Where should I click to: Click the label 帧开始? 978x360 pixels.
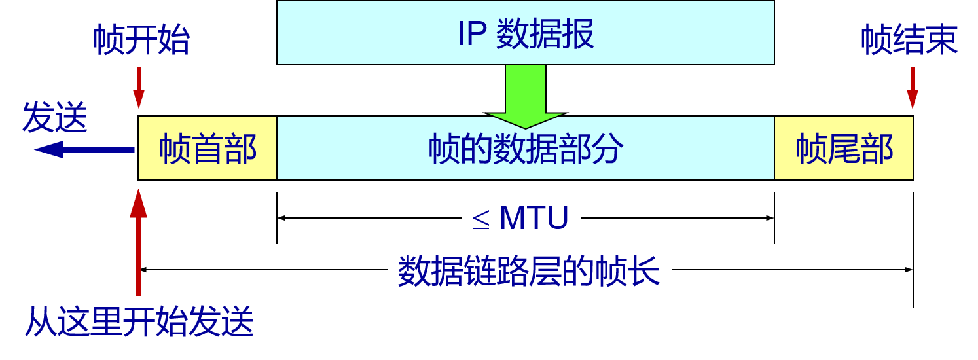pos(141,40)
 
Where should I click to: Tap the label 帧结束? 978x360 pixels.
pos(909,40)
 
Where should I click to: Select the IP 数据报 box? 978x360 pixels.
pos(525,33)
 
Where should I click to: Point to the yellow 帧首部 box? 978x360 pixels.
pos(208,149)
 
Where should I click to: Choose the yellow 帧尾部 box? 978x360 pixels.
pos(844,149)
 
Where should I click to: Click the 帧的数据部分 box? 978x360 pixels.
pos(526,149)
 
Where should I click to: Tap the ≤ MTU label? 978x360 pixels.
pos(521,217)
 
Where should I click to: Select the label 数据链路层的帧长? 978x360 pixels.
pos(530,271)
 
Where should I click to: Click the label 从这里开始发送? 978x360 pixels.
pos(139,321)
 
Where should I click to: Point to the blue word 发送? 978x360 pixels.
pos(55,118)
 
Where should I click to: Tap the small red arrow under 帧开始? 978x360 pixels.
pos(139,88)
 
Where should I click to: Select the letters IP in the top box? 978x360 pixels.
pos(471,34)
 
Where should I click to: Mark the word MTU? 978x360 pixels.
pos(534,217)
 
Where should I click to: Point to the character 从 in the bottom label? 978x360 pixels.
pos(39,321)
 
